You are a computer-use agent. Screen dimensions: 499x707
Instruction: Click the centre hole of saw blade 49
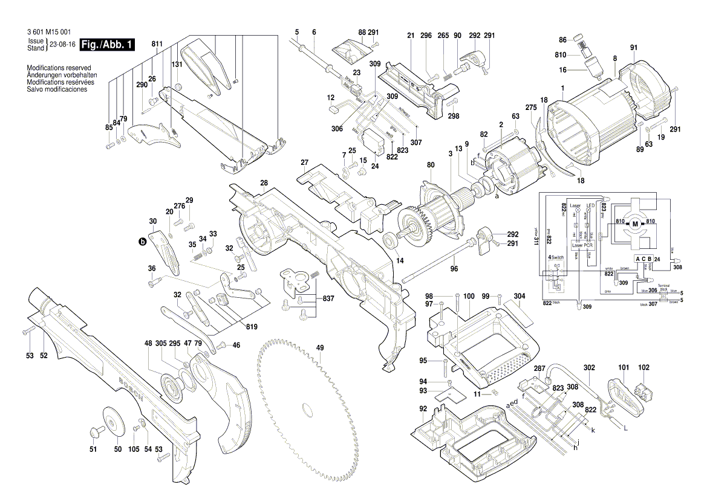point(308,411)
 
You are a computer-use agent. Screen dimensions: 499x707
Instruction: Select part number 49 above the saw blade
point(320,348)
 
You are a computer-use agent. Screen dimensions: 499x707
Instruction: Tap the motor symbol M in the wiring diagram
point(635,224)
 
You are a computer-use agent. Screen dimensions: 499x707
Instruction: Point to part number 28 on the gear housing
point(264,182)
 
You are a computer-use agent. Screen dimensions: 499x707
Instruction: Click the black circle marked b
point(143,242)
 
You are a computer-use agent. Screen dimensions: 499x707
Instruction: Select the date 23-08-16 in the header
point(62,45)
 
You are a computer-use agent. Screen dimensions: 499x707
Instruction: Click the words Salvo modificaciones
point(57,89)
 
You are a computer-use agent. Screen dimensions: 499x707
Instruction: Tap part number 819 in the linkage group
point(252,327)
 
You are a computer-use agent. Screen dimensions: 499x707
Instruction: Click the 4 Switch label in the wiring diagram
point(555,258)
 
